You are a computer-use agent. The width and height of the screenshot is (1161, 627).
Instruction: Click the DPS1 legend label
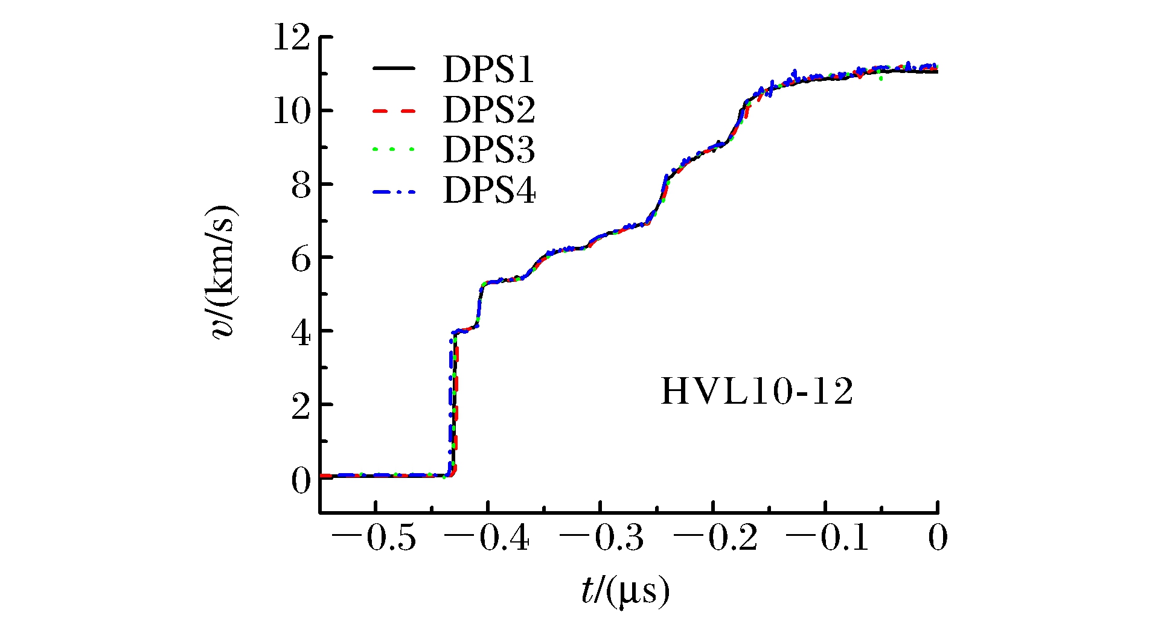[x=488, y=70]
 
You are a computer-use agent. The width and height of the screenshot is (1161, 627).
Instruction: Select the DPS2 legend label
[x=488, y=110]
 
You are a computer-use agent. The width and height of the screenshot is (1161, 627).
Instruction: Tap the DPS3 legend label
[x=488, y=150]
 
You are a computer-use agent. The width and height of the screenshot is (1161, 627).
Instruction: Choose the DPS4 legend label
[x=488, y=191]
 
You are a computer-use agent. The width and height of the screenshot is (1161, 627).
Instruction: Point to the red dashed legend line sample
[x=394, y=111]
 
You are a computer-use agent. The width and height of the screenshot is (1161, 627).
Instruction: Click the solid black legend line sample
[x=394, y=69]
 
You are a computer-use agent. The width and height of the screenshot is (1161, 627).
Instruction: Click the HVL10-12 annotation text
[x=757, y=392]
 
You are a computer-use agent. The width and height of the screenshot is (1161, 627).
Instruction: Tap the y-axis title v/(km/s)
[x=225, y=273]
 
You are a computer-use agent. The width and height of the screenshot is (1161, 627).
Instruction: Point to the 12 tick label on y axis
[x=292, y=38]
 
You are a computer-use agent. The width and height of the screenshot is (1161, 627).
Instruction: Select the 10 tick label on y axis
[x=292, y=112]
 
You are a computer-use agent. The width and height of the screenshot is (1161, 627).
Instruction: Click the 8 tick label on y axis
[x=301, y=185]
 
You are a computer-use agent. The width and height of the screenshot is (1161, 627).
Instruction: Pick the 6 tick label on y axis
[x=301, y=259]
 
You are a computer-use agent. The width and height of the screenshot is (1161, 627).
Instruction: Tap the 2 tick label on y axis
[x=301, y=406]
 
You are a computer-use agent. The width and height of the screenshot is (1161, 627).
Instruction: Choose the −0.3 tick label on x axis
[x=601, y=538]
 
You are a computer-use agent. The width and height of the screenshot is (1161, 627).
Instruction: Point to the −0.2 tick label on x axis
[x=714, y=538]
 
